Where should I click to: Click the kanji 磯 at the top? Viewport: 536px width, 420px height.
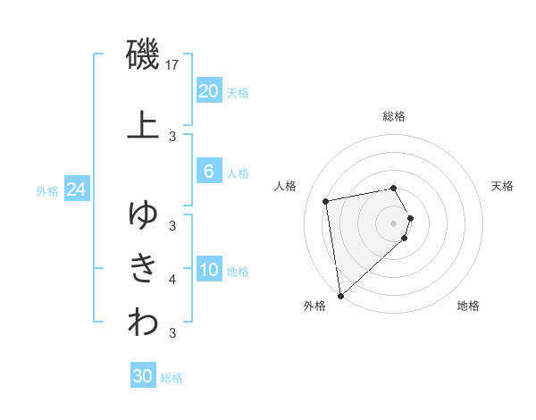143,55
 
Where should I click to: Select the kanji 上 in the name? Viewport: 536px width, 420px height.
143,125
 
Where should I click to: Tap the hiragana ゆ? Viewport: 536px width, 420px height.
143,214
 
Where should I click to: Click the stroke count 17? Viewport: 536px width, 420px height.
173,65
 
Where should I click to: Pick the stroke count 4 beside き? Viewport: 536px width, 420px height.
172,280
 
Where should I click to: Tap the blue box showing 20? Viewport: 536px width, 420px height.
208,91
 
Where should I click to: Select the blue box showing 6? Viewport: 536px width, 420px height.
208,172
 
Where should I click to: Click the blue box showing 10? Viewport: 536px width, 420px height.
208,270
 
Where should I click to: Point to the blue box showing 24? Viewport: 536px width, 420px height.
76,189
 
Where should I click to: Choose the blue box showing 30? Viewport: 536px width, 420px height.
142,376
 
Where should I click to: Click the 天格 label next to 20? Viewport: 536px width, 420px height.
238,92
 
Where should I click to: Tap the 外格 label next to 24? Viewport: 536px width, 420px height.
47,190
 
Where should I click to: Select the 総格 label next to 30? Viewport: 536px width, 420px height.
172,377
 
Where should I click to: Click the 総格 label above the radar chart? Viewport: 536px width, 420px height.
394,116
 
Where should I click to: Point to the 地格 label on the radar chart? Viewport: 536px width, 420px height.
468,306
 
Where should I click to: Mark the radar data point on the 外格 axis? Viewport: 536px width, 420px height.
340,295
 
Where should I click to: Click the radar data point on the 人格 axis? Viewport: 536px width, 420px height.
326,200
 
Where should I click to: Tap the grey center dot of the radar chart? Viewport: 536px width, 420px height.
394,223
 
